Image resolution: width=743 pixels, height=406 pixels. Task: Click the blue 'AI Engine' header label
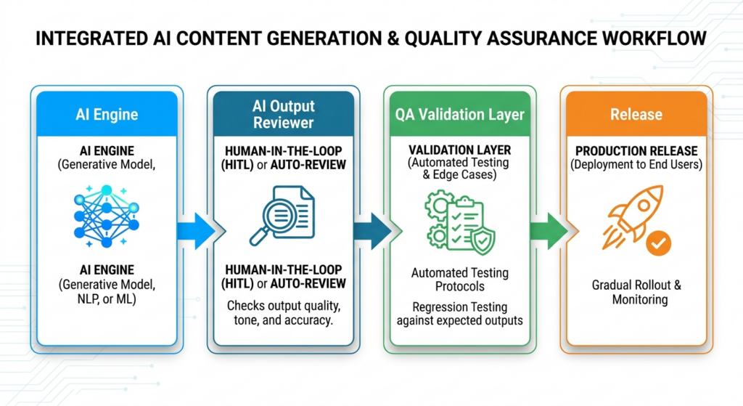107,114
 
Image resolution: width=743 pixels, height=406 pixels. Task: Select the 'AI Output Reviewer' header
284,114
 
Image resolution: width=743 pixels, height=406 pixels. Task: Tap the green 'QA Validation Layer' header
459,114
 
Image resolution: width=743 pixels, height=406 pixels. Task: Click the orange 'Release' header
636,114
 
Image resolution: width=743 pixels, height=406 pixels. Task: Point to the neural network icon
107,216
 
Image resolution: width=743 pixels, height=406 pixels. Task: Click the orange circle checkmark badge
659,243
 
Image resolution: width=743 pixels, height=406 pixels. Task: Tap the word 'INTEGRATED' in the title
91,38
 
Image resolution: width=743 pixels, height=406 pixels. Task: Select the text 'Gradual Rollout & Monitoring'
636,292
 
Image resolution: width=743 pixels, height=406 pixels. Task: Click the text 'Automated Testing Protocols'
459,280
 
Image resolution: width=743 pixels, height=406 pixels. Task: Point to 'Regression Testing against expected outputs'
459,314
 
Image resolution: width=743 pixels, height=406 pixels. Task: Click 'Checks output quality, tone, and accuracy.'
284,312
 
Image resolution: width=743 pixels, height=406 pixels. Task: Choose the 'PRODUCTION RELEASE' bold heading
636,151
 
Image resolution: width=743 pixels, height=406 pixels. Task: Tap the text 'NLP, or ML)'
107,299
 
